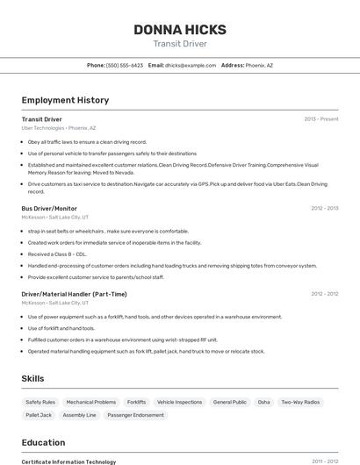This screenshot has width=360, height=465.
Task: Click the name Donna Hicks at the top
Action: (x=179, y=30)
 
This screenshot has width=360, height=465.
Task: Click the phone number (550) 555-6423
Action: (x=124, y=65)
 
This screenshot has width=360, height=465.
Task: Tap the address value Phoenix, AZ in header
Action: (x=259, y=65)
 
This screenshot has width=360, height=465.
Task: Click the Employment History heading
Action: (x=65, y=101)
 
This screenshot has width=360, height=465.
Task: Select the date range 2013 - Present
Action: (x=320, y=119)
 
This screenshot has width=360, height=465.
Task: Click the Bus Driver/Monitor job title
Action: (x=49, y=209)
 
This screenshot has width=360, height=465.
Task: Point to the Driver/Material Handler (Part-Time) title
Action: (x=74, y=294)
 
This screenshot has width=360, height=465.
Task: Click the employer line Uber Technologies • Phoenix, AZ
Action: (x=59, y=128)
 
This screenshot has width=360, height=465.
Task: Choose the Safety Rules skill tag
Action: (x=40, y=402)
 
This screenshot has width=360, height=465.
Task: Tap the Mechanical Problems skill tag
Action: (x=91, y=402)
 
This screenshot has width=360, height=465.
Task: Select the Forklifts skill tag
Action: (x=136, y=402)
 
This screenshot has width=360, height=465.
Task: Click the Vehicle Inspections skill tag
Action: (x=179, y=402)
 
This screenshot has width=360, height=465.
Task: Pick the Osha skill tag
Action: (x=263, y=402)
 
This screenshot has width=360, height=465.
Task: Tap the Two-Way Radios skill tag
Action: (x=300, y=402)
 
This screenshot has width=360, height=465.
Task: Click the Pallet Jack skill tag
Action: (x=39, y=415)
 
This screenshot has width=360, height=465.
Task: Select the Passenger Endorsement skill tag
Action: (x=136, y=415)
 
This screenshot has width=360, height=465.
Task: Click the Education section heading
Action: (x=43, y=443)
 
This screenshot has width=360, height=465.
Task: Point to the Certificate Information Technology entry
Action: (x=68, y=461)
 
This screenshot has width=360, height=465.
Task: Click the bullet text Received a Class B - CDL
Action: (x=57, y=254)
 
